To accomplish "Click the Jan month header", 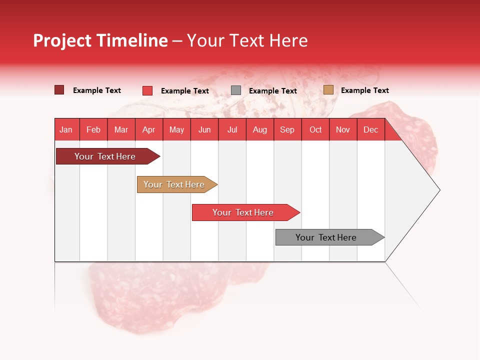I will pyautogui.click(x=66, y=129).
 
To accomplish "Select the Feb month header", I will pyautogui.click(x=93, y=129).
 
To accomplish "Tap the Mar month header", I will pyautogui.click(x=121, y=129).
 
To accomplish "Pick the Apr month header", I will pyautogui.click(x=149, y=129).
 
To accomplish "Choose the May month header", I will pyautogui.click(x=176, y=129).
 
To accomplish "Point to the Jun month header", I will pyautogui.click(x=204, y=129).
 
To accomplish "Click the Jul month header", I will pyautogui.click(x=232, y=129).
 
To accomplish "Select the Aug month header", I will pyautogui.click(x=260, y=129).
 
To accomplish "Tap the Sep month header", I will pyautogui.click(x=287, y=129).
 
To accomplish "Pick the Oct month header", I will pyautogui.click(x=315, y=129).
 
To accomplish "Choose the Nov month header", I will pyautogui.click(x=343, y=129).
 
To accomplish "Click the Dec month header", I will pyautogui.click(x=371, y=129).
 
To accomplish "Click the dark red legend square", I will pyautogui.click(x=59, y=90).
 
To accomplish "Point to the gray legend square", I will pyautogui.click(x=236, y=90).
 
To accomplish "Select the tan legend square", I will pyautogui.click(x=328, y=90).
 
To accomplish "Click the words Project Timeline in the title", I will pyautogui.click(x=100, y=40).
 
